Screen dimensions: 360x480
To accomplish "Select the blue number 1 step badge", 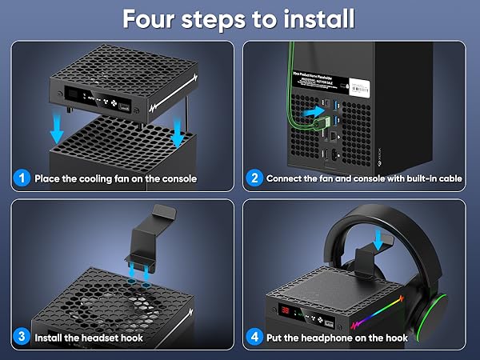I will [x=22, y=178].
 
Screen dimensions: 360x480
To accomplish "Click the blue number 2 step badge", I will [x=254, y=178].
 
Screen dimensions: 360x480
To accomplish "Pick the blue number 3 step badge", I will [x=22, y=338].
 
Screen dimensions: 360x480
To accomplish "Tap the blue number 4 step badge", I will [x=254, y=338].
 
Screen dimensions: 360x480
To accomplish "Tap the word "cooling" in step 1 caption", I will [x=92, y=178].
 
